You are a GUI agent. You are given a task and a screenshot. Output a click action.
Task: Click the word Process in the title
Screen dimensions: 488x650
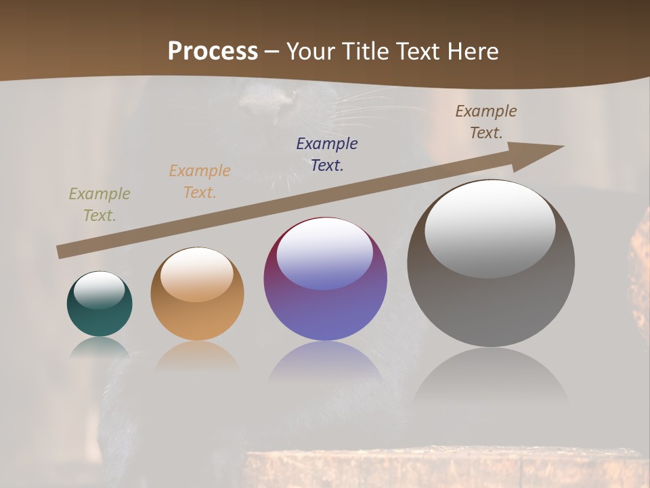click(213, 51)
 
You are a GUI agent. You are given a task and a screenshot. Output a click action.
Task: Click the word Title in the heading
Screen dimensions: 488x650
click(366, 51)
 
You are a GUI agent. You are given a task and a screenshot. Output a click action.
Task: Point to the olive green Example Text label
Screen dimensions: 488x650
click(100, 205)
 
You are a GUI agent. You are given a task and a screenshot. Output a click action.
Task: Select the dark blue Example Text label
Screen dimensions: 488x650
click(327, 155)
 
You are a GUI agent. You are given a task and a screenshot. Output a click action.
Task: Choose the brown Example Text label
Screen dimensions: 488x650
click(486, 122)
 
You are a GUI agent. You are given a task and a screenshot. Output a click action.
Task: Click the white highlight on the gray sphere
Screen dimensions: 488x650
click(490, 228)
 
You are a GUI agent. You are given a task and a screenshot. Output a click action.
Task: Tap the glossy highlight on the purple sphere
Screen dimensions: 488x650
click(324, 252)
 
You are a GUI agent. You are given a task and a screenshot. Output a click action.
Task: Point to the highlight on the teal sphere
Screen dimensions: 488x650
click(99, 290)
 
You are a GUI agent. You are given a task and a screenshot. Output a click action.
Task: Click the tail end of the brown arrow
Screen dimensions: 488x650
click(62, 252)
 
